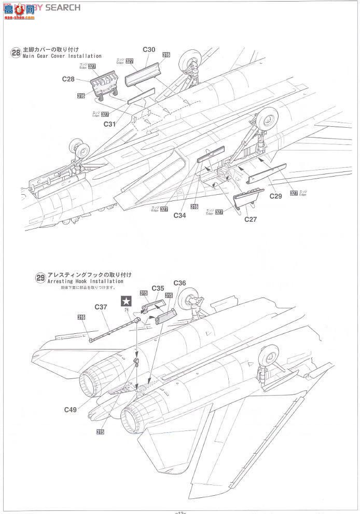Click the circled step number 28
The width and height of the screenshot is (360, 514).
pyautogui.click(x=15, y=52)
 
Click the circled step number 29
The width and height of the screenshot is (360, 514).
pyautogui.click(x=40, y=278)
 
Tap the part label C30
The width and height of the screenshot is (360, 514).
pyautogui.click(x=149, y=50)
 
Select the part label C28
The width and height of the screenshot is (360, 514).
pyautogui.click(x=68, y=79)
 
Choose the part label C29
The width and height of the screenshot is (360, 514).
pyautogui.click(x=275, y=197)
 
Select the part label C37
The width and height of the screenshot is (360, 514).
pyautogui.click(x=101, y=306)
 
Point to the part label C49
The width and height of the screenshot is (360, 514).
pyautogui.click(x=71, y=410)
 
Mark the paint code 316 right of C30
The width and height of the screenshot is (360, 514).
pyautogui.click(x=166, y=55)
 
